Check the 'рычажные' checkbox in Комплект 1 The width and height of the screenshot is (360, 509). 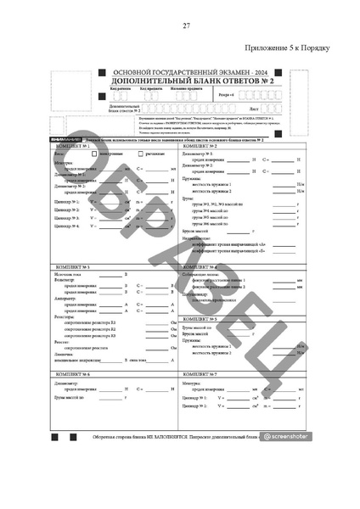tap(141, 154)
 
